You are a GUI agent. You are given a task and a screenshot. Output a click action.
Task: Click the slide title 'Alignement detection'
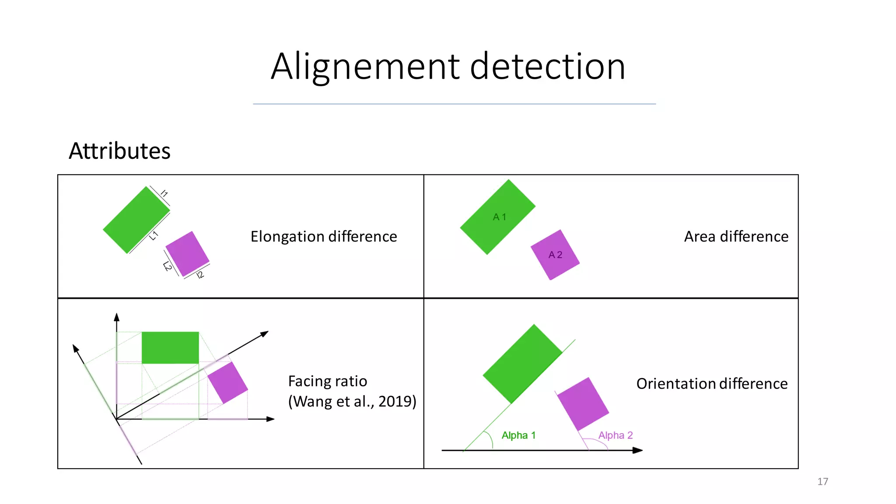click(448, 66)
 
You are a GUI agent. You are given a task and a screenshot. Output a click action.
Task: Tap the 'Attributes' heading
click(119, 151)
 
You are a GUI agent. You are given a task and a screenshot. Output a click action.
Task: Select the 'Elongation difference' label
click(324, 237)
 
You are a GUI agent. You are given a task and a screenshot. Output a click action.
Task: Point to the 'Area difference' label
click(736, 237)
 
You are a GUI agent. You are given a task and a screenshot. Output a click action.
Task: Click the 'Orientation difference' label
click(712, 384)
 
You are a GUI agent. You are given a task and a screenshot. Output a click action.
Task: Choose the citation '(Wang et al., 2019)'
click(352, 401)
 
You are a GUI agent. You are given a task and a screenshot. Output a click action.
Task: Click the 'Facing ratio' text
click(328, 381)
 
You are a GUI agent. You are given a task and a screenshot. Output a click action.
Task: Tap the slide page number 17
click(822, 482)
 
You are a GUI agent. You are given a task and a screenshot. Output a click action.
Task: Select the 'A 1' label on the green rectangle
click(500, 217)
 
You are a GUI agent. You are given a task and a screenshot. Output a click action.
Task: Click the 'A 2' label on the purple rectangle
click(555, 255)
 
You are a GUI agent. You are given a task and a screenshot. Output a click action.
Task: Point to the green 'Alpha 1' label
click(518, 435)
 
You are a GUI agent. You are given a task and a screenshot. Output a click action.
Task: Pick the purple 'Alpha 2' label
click(616, 435)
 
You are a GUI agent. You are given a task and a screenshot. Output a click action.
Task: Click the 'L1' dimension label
click(154, 236)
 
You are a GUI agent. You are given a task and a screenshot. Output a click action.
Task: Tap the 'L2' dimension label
click(168, 266)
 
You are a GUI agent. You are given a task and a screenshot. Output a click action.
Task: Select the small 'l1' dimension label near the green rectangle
click(164, 193)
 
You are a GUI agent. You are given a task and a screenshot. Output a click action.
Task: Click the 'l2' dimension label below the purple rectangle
click(200, 275)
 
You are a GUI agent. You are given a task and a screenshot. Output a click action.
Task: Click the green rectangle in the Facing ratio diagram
click(170, 348)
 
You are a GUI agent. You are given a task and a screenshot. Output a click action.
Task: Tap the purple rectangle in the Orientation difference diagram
click(583, 404)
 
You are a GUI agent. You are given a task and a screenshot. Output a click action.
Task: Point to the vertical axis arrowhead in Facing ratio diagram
click(116, 317)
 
